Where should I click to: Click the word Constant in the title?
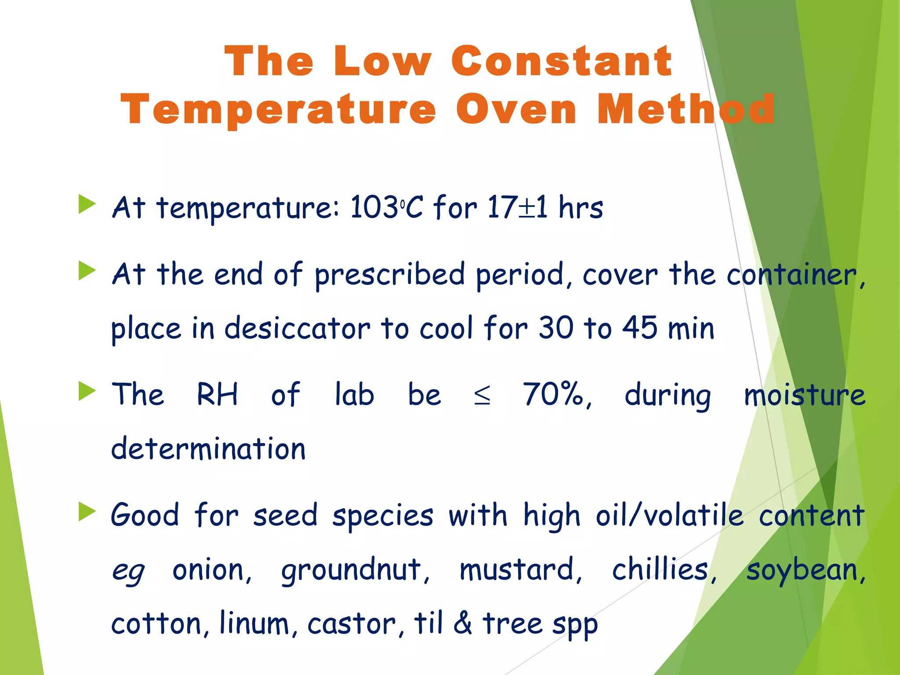coord(562,62)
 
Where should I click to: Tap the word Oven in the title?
coord(516,109)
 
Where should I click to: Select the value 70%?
coord(556,395)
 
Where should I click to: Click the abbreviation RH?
coord(217,394)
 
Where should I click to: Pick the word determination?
coord(208,449)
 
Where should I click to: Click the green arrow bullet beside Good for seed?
coord(87,512)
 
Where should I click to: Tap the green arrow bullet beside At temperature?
coord(87,205)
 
